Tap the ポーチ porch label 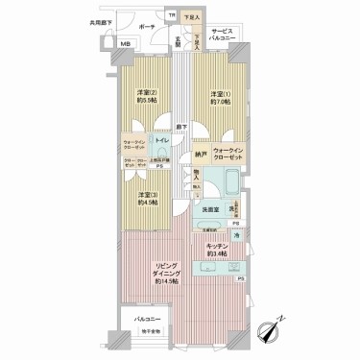147,27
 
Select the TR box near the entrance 173,16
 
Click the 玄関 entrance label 178,38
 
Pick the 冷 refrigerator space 237,234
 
